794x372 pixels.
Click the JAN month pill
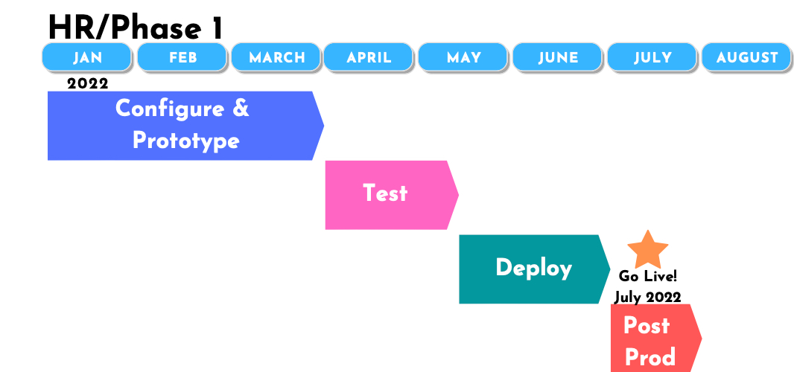(x=87, y=57)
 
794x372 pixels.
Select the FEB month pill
(x=182, y=57)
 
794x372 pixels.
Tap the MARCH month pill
(x=276, y=57)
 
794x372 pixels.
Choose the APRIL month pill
(x=369, y=57)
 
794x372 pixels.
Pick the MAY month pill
(x=463, y=57)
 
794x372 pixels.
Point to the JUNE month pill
(x=558, y=57)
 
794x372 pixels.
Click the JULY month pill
(x=652, y=57)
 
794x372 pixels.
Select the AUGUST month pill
(x=746, y=57)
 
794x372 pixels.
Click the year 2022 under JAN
(x=88, y=83)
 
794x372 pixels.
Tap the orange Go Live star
(x=648, y=250)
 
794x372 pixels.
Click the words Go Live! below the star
(x=648, y=276)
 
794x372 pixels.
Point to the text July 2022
(x=648, y=297)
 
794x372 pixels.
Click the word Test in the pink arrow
(x=385, y=193)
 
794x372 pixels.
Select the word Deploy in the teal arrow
(x=534, y=269)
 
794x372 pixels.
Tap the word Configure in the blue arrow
(x=170, y=109)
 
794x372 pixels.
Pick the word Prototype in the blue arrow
(x=186, y=141)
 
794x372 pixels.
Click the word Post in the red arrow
(x=647, y=325)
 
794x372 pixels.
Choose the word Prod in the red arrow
(x=650, y=357)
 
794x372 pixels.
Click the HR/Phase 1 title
(x=136, y=28)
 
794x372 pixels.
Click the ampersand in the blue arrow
(x=241, y=109)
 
